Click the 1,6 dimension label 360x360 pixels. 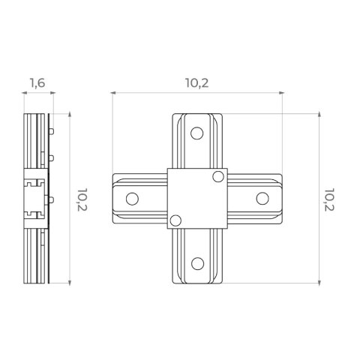click(37, 83)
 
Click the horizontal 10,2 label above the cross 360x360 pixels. click(197, 83)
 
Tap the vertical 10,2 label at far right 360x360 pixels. click(329, 199)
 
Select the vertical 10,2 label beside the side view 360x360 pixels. click(82, 199)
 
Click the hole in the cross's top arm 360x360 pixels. click(196, 133)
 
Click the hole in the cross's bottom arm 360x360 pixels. click(197, 263)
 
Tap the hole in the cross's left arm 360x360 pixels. click(132, 199)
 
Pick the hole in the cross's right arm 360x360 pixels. click(262, 199)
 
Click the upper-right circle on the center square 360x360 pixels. click(218, 177)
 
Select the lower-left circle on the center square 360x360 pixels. click(175, 220)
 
